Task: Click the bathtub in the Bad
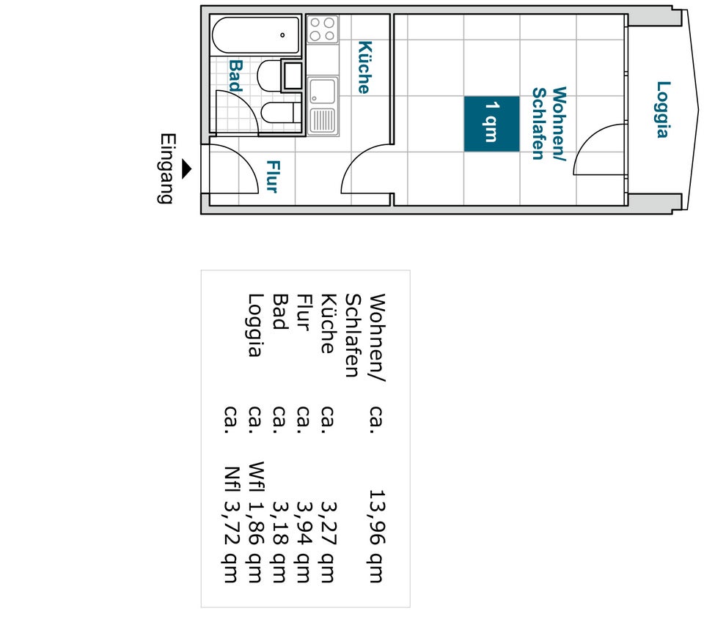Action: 255,35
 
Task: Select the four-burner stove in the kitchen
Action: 323,29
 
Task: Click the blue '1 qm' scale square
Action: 491,124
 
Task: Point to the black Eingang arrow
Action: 187,169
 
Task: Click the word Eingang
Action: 166,168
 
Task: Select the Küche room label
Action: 364,67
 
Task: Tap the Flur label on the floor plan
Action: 273,177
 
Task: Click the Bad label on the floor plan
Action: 235,75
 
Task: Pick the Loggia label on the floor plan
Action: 663,109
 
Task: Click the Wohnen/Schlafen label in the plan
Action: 549,123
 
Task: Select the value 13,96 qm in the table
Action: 377,536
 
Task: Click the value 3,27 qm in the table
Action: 329,542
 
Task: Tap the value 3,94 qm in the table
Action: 304,542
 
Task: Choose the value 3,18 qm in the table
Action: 279,542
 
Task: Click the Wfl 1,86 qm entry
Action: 255,522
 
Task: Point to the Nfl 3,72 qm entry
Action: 231,525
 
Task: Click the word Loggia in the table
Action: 255,325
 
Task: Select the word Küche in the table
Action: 329,323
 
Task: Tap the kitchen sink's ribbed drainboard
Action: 322,120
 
